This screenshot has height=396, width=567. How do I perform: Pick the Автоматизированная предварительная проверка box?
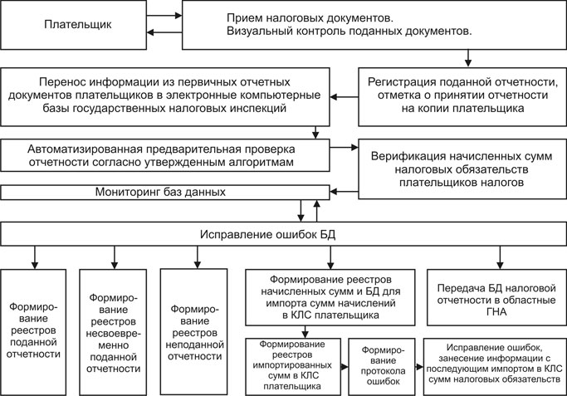pos(166,152)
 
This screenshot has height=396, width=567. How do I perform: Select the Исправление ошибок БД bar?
pos(283,235)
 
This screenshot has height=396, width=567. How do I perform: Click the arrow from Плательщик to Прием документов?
pos(164,14)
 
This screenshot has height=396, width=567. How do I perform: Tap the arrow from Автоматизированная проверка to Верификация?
pos(343,148)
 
